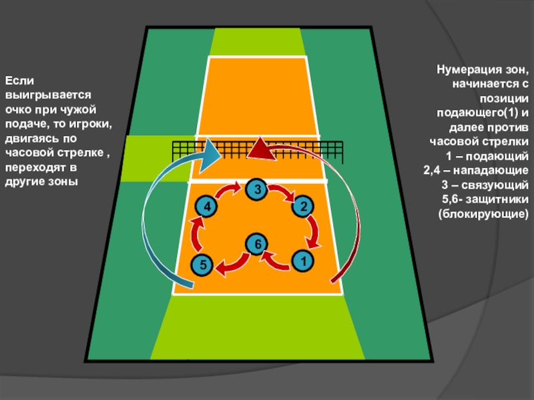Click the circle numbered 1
(x=302, y=259)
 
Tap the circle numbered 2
(x=302, y=206)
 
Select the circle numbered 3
(x=256, y=189)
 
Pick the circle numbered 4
(x=207, y=207)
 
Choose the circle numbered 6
(x=254, y=245)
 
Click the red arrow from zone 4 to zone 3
(x=229, y=191)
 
